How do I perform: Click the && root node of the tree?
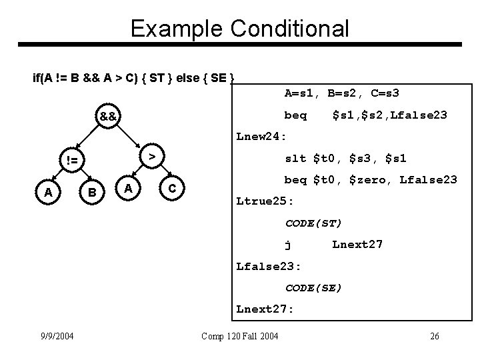(107, 117)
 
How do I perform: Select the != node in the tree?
(69, 160)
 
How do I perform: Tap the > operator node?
(152, 155)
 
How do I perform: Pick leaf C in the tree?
(172, 189)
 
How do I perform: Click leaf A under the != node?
(48, 193)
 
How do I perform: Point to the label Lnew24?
(261, 137)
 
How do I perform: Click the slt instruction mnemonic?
(295, 158)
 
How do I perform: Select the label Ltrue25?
(265, 201)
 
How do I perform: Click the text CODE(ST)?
(313, 223)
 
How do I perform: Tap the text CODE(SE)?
(313, 287)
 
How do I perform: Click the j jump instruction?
(287, 244)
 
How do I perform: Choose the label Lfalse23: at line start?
(269, 266)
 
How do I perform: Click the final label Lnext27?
(265, 309)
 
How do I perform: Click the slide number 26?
(434, 336)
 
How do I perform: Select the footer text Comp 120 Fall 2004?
(239, 336)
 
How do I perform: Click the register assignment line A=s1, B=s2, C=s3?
(341, 93)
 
